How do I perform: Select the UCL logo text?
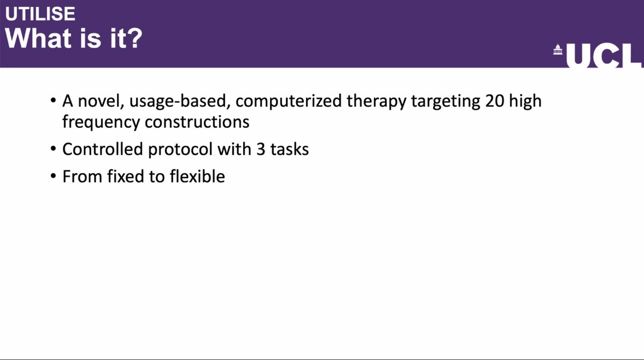click(603, 56)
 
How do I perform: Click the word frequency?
click(101, 122)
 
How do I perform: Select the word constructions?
click(197, 122)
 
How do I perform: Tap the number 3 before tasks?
click(260, 149)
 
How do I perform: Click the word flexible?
click(197, 177)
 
